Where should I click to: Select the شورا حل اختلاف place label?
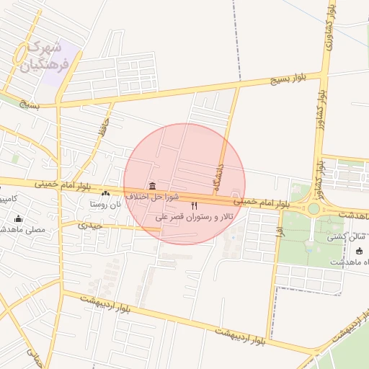(147, 196)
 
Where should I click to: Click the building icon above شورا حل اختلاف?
(151, 185)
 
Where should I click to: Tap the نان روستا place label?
(105, 204)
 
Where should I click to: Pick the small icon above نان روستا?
(106, 193)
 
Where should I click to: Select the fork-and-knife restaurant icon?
(194, 207)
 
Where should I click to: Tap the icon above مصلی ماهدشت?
(18, 219)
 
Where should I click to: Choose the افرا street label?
(278, 231)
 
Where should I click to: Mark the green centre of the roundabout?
(314, 209)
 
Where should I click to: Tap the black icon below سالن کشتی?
(360, 251)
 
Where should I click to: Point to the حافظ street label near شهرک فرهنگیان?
(105, 130)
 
